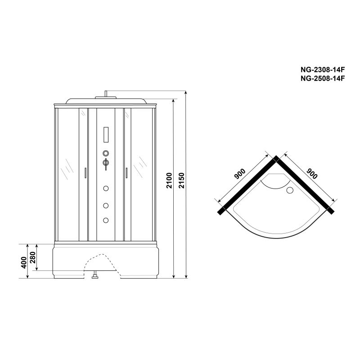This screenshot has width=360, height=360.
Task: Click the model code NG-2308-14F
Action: [x=323, y=69]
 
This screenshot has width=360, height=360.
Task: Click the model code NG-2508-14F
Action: [x=323, y=78]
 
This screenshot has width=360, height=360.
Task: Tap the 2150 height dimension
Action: [x=181, y=181]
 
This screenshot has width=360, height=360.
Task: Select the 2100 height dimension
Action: [x=169, y=181]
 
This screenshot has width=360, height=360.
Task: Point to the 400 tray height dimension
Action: [x=24, y=262]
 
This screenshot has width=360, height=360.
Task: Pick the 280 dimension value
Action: [x=33, y=257]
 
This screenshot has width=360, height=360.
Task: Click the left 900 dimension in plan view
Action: [x=240, y=174]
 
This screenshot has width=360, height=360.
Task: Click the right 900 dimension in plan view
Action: [x=312, y=174]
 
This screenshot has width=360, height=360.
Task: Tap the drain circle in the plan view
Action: [x=290, y=190]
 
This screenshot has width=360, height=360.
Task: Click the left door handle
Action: [x=85, y=173]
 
